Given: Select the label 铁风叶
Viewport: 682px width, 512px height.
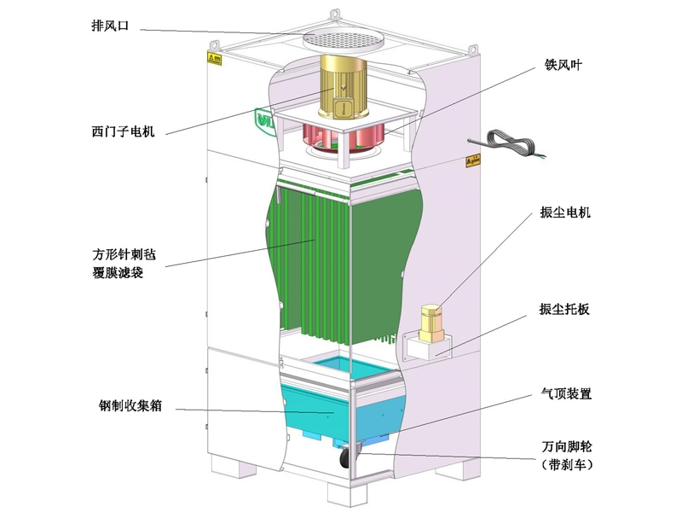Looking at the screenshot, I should [x=564, y=63].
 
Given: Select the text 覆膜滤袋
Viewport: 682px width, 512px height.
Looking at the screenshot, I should [x=123, y=274].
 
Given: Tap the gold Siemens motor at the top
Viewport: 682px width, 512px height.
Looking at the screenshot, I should [x=342, y=86].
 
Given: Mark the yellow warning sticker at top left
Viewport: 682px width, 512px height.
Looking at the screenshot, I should [x=214, y=58].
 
